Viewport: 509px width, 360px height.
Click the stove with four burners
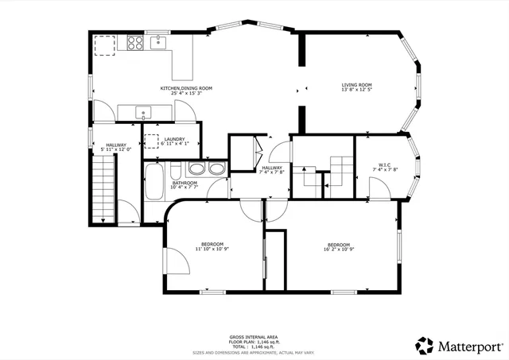tap(134, 44)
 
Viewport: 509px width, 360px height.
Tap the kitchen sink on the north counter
tap(157, 42)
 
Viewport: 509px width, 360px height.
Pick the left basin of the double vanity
tap(196, 168)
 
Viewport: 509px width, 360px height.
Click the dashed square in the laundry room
tap(151, 141)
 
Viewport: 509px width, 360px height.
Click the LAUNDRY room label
tap(176, 139)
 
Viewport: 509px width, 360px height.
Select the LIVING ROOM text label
tap(356, 85)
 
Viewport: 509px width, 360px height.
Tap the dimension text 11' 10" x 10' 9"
tap(212, 249)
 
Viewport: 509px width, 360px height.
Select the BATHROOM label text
tap(184, 183)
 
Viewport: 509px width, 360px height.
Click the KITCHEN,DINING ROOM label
tap(185, 87)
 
